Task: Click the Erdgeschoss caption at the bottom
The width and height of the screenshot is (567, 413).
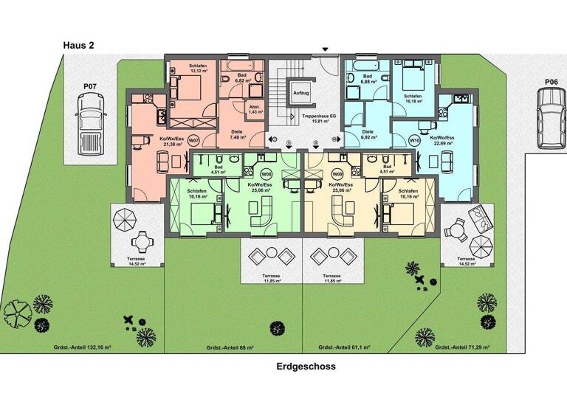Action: pos(306,366)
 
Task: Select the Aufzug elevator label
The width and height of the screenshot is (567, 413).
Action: pos(300,94)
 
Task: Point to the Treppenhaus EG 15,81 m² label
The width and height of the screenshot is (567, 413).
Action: pos(318,120)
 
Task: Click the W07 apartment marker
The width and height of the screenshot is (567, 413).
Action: pos(193,140)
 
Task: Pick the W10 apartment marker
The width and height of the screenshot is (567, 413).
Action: pos(415,140)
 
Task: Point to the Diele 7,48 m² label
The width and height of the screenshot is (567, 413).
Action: pos(237,135)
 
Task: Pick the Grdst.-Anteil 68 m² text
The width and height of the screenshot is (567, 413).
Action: pos(230,347)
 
